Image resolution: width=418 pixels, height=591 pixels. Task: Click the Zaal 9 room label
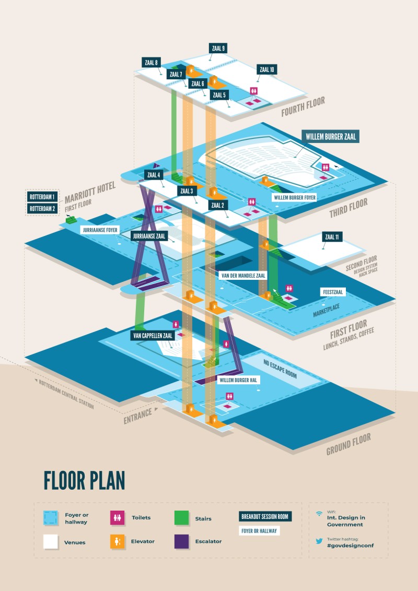tap(218, 49)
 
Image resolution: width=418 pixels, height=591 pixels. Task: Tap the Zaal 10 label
tap(267, 69)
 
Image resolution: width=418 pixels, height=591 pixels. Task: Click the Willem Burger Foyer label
tap(295, 198)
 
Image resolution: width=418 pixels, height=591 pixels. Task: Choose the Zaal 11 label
tap(332, 237)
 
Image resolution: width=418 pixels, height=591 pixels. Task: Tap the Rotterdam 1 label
tap(43, 197)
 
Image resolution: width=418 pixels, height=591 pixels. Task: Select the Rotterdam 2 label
tap(43, 209)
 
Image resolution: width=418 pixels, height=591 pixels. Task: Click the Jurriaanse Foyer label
tap(100, 230)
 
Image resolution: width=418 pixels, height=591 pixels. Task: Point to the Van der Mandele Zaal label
tap(243, 275)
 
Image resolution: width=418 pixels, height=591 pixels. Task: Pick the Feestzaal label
tap(333, 292)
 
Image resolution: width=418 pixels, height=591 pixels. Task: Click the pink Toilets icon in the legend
tap(116, 518)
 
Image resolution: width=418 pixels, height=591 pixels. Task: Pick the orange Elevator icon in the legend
tap(116, 542)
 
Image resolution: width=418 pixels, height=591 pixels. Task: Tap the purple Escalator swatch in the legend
tap(181, 542)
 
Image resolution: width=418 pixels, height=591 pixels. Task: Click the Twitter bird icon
tap(319, 541)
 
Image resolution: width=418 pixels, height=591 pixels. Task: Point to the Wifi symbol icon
tap(319, 514)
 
